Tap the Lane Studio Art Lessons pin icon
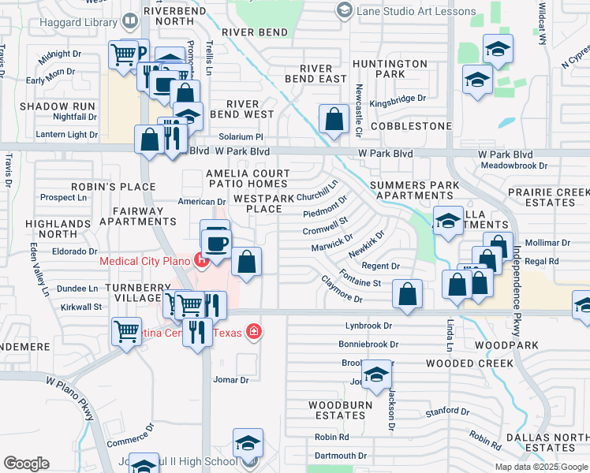(343, 10)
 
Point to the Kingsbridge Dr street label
(398, 99)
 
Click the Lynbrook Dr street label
(368, 326)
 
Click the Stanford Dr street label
(446, 412)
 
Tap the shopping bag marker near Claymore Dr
(407, 296)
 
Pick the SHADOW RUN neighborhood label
(58, 106)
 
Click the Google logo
(26, 464)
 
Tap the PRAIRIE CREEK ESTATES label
(548, 197)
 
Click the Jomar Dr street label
(231, 379)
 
